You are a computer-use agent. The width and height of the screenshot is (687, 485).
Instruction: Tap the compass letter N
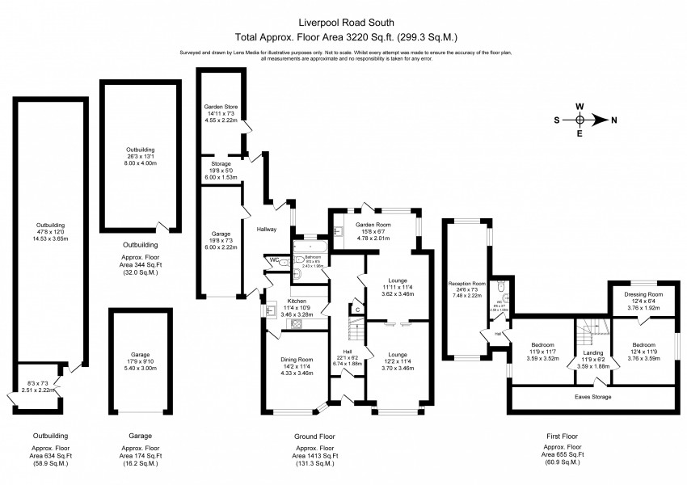coord(614,120)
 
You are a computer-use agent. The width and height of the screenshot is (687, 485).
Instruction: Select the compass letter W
coord(580,106)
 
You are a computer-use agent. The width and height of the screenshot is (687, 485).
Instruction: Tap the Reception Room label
coord(467,284)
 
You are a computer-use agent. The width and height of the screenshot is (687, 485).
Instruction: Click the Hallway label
coord(267,230)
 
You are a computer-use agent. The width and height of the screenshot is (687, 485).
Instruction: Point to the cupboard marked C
coord(356,310)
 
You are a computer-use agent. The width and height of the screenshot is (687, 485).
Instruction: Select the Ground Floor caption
coord(317,436)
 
